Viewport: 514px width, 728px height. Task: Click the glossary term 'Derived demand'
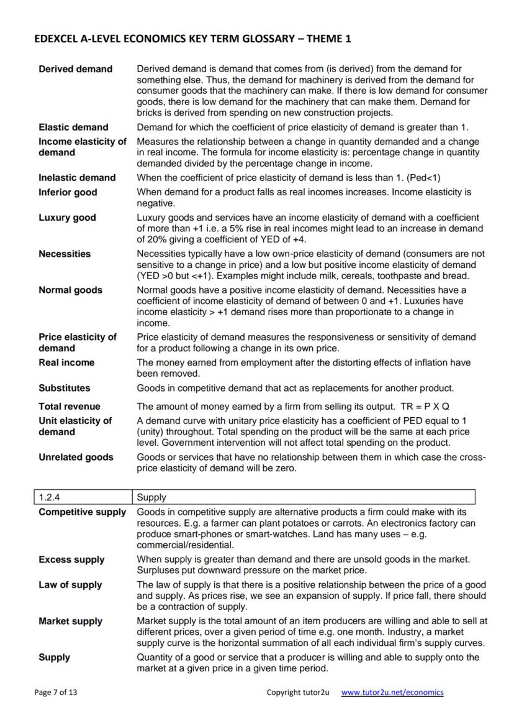click(75, 69)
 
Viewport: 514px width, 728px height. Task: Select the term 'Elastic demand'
click(73, 127)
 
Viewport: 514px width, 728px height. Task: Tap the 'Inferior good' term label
click(68, 192)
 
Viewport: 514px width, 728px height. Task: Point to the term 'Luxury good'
click(67, 218)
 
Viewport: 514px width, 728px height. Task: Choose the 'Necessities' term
click(65, 254)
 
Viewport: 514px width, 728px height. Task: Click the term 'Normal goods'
click(70, 290)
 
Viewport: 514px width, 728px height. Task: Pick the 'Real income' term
click(66, 362)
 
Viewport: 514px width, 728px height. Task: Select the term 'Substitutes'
click(64, 388)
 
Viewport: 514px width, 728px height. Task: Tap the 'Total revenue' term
click(69, 406)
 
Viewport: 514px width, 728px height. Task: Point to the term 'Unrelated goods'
click(76, 457)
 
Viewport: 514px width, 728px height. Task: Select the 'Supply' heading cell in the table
click(151, 497)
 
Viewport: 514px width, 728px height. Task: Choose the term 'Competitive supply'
click(82, 512)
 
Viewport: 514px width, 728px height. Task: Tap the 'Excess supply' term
click(71, 560)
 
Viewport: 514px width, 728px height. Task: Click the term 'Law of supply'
click(70, 585)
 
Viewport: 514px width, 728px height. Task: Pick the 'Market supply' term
click(70, 621)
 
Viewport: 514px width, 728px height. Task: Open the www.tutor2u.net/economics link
click(392, 692)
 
